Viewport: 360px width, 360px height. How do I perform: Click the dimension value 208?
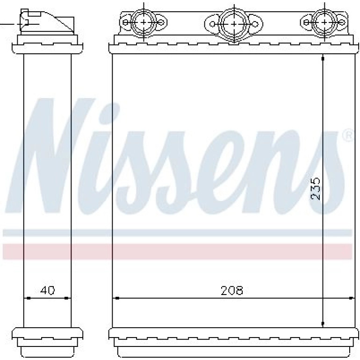click(x=231, y=291)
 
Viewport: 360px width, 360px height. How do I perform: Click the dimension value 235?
click(x=315, y=189)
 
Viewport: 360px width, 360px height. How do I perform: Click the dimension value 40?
click(x=48, y=290)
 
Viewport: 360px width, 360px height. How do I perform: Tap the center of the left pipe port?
click(x=144, y=22)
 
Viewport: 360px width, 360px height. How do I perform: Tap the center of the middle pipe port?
click(x=234, y=24)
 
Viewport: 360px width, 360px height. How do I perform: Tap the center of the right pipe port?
click(x=324, y=22)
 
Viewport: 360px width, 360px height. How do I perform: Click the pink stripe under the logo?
click(x=177, y=251)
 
